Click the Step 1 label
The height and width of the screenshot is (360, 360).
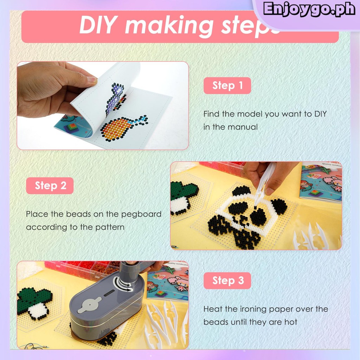coord(227,86)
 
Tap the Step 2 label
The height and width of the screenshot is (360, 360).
coord(50,186)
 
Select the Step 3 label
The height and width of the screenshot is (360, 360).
coord(227,281)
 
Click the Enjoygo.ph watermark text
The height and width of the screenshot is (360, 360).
coord(309,9)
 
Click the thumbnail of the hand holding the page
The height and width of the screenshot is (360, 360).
coord(103,105)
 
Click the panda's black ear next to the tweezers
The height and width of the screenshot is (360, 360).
coord(241,191)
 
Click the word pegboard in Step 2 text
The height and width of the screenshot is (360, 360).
coord(141,214)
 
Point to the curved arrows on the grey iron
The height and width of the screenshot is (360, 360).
coord(123,284)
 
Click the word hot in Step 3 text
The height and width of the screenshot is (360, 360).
coord(291,322)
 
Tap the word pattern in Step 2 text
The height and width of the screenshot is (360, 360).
coord(110,227)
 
